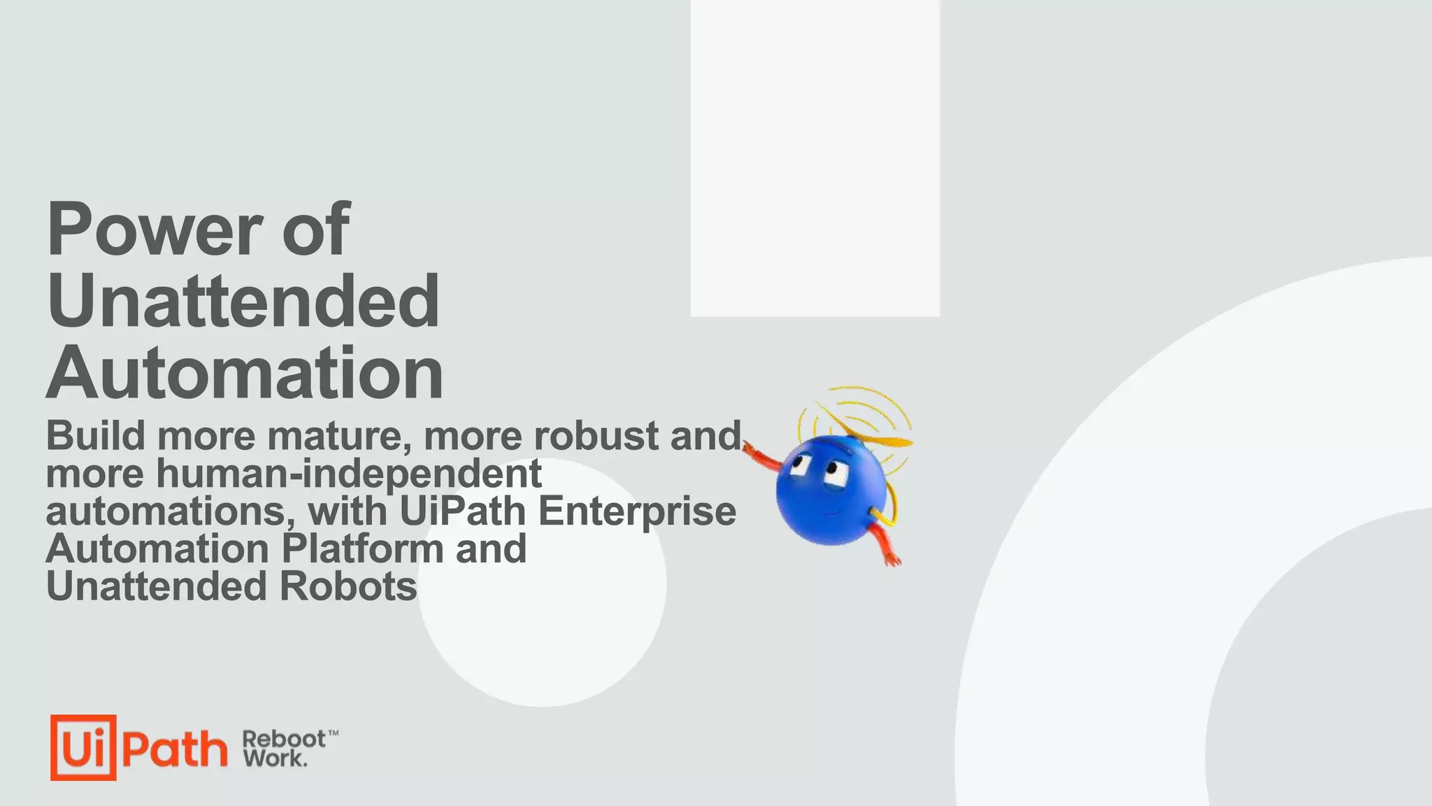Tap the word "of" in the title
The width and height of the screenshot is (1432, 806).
(x=315, y=229)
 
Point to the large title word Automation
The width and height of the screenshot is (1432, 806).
(x=245, y=372)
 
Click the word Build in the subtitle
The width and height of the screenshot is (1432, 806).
(x=96, y=436)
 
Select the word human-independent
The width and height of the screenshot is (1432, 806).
(x=348, y=474)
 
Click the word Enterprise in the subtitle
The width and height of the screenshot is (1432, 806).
(x=637, y=511)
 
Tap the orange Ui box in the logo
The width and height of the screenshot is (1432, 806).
(x=83, y=747)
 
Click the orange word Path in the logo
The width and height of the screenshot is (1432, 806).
(x=175, y=749)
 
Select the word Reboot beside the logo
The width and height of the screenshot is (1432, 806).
(x=284, y=739)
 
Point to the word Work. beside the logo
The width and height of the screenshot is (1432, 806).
(x=275, y=758)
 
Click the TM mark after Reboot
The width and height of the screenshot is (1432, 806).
(x=334, y=733)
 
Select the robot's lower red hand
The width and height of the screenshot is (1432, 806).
(x=891, y=558)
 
